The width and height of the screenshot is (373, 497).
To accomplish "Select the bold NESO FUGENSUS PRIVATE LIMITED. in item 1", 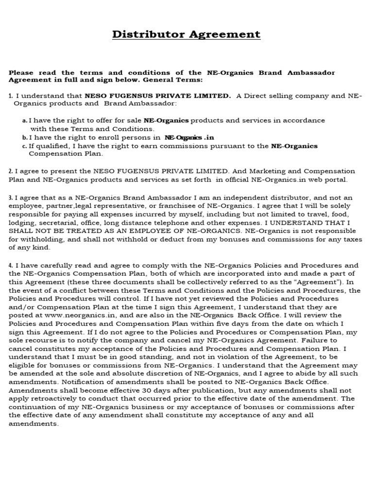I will (x=158, y=96).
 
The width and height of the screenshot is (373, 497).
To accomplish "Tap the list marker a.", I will (x=25, y=120).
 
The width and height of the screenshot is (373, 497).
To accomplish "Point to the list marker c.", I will (x=25, y=146).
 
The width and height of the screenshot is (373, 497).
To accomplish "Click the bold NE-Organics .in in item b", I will (x=189, y=137).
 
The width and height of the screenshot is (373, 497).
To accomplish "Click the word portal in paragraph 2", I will (x=335, y=180).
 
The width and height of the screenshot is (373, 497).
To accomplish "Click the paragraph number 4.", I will (x=11, y=265).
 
